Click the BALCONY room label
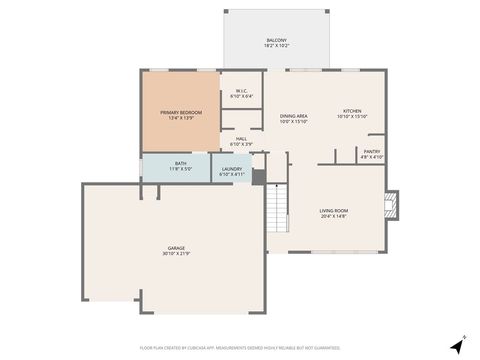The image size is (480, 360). coord(276,40)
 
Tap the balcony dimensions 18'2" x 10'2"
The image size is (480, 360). coord(276,46)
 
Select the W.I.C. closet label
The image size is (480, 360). coord(242,91)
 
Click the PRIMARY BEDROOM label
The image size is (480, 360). coord(180,112)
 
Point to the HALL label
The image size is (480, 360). coord(241,139)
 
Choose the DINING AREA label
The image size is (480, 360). coord(293,115)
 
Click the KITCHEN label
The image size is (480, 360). coord(352,111)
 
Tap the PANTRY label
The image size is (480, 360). coord(371,151)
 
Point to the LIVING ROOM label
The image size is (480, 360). coord(333,210)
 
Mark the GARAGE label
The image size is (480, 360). coord(175,247)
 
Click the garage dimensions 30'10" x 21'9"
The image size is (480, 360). coord(175,253)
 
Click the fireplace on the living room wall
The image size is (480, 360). coord(391,207)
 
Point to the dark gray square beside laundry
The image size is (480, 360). coord(259,177)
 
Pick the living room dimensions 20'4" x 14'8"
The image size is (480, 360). coord(333,216)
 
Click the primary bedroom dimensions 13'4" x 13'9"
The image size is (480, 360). coord(180,118)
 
